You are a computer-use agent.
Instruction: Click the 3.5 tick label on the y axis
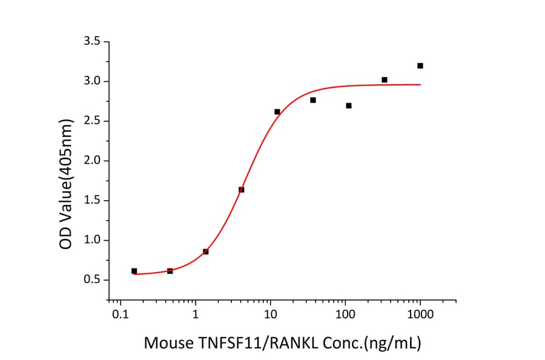click(94, 42)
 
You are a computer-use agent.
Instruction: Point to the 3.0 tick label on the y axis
click(94, 81)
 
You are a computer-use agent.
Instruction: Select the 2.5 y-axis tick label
click(94, 121)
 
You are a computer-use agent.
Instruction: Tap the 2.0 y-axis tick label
click(94, 161)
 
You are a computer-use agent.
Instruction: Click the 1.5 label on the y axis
click(94, 201)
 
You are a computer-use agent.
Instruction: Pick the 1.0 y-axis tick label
click(94, 241)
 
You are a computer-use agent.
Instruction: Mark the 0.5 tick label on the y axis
click(94, 280)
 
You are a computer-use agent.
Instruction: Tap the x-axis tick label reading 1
click(196, 315)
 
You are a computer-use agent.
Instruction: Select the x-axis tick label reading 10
click(271, 315)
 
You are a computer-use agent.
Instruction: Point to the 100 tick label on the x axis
click(345, 315)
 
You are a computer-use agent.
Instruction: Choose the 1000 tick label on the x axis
click(420, 315)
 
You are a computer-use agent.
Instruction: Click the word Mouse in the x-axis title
click(167, 343)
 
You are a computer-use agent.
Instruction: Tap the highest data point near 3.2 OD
click(420, 65)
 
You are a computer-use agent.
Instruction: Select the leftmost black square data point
click(134, 271)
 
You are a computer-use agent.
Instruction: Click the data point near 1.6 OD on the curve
click(242, 190)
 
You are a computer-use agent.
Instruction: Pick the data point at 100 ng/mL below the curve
click(349, 105)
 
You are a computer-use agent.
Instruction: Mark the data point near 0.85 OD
click(206, 252)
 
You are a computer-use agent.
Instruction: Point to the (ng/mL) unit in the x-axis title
click(391, 343)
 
